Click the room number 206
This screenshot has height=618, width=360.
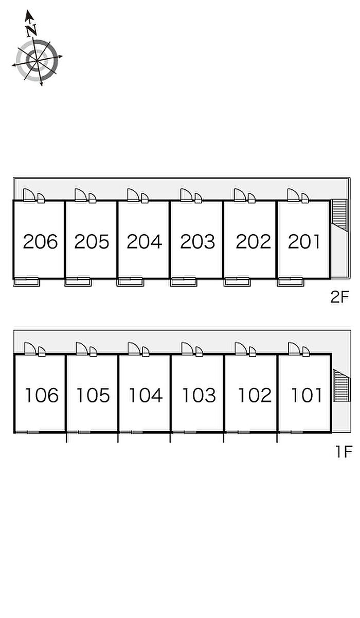point(40,241)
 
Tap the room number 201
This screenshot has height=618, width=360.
point(304,241)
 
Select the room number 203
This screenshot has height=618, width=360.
point(197,241)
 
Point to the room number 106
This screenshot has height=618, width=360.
point(42,395)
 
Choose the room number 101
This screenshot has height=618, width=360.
point(307,395)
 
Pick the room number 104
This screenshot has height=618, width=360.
point(146,395)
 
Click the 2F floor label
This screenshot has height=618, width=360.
point(340,297)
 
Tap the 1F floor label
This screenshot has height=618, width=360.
point(343,452)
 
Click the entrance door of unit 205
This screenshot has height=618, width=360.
point(81,195)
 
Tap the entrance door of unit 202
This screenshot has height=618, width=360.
point(241,195)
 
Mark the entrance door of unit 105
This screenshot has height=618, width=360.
point(82,349)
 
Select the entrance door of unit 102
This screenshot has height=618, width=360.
point(242,349)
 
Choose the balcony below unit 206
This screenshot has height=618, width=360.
point(26,281)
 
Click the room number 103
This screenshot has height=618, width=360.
point(199,395)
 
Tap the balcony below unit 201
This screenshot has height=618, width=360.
point(290,281)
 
